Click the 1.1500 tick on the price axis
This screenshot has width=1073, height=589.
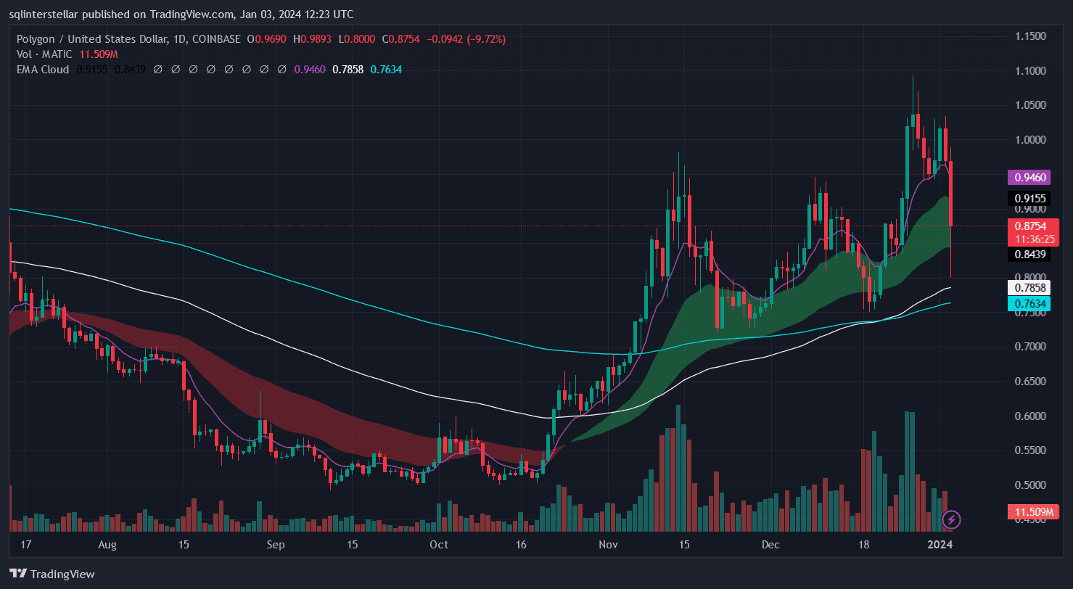click(x=1030, y=36)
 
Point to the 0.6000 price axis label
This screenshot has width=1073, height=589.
click(x=1030, y=416)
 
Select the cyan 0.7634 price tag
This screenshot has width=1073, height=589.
click(x=1030, y=304)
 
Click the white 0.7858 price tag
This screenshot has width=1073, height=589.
click(x=1030, y=288)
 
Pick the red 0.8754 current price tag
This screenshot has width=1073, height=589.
click(x=1030, y=226)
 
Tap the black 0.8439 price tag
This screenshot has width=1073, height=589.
click(x=1030, y=254)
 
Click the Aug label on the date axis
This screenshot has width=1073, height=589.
click(x=107, y=544)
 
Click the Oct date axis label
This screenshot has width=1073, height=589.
click(x=439, y=544)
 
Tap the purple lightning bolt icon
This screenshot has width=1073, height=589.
click(x=951, y=519)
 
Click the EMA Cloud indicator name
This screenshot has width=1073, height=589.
click(x=41, y=70)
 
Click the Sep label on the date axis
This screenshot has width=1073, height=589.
click(x=274, y=544)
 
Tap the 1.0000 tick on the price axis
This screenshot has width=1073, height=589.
click(x=1030, y=140)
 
